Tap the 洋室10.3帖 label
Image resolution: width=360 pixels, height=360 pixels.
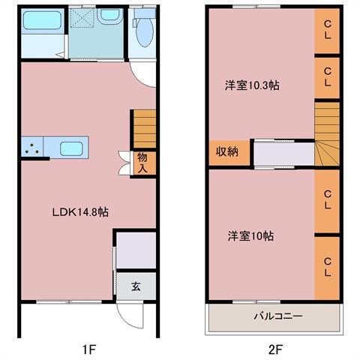tap(252, 85)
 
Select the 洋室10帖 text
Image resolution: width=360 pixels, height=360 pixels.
tap(250, 235)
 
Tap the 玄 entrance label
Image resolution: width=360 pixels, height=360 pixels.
tap(136, 286)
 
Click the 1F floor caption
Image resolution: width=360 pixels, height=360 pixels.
tap(89, 349)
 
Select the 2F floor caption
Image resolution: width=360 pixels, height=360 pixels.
tap(274, 349)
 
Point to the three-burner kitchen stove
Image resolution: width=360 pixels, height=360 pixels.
tap(32, 147)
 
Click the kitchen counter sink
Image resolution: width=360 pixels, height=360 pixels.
tap(71, 147)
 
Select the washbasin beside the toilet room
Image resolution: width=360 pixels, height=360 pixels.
tap(109, 16)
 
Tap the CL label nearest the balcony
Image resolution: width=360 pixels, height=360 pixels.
tap(328, 267)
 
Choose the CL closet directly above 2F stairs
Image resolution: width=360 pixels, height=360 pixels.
tap(328, 76)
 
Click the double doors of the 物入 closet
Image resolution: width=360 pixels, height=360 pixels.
tap(123, 163)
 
